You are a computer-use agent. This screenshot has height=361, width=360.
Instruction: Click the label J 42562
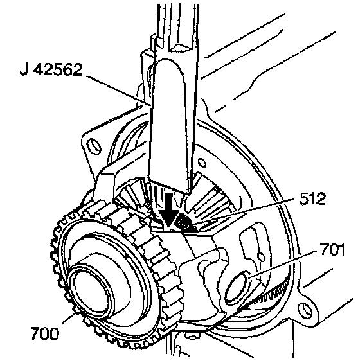click(51, 69)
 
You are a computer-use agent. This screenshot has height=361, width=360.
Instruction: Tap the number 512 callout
click(312, 198)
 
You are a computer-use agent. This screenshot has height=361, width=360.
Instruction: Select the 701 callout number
click(332, 249)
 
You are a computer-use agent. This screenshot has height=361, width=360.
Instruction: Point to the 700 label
click(45, 333)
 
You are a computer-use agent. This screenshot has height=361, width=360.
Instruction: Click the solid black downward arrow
click(169, 209)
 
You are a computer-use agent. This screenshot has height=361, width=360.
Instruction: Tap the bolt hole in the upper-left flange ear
click(94, 146)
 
